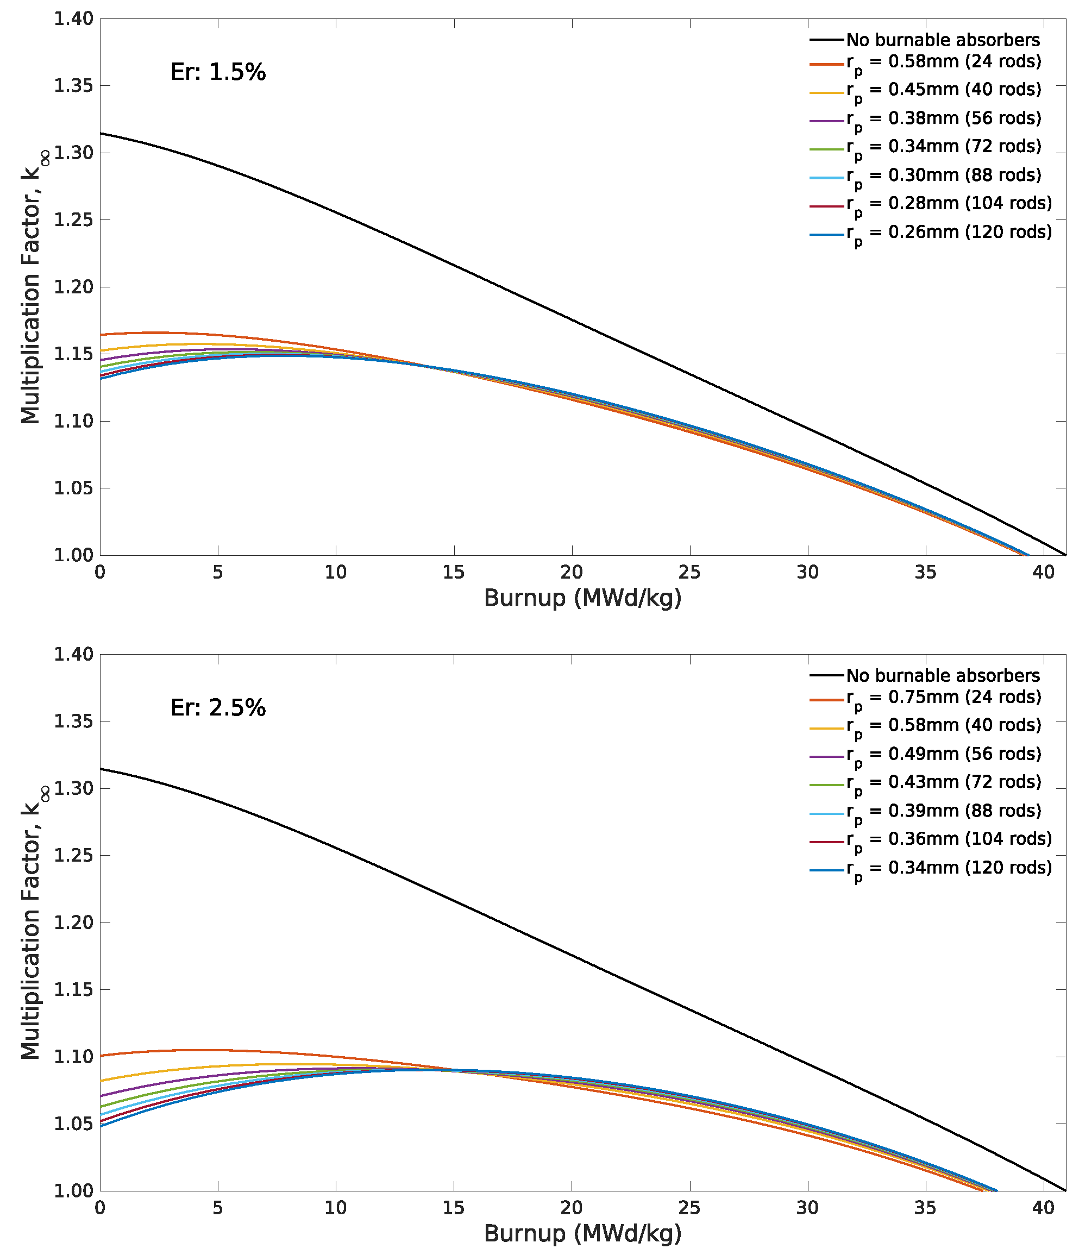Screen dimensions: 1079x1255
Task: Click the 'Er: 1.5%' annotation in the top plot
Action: click(x=218, y=72)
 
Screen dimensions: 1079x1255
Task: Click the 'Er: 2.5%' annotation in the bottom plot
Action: click(x=218, y=707)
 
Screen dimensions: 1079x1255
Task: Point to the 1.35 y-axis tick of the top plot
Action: click(x=74, y=85)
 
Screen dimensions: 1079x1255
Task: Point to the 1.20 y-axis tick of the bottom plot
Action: click(x=74, y=923)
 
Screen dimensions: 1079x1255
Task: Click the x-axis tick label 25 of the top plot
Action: click(x=689, y=573)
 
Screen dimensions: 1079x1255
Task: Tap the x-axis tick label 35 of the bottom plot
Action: click(x=926, y=1208)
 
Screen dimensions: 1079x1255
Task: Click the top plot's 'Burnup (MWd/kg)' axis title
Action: click(x=583, y=598)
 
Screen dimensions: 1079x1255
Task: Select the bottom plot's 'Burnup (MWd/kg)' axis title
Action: click(x=583, y=1233)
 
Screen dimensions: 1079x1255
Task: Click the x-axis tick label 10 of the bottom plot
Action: click(x=336, y=1208)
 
